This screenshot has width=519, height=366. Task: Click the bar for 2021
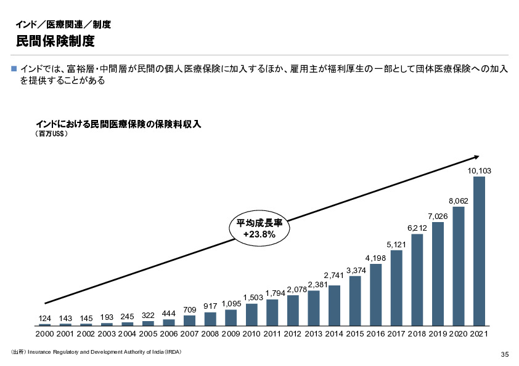tap(479, 251)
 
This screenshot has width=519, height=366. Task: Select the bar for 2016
tap(375, 295)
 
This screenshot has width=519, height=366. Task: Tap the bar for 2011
tap(272, 312)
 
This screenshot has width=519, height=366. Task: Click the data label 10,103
tap(479, 170)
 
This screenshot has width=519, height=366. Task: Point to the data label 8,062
tap(458, 201)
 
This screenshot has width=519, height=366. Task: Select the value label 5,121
tap(396, 245)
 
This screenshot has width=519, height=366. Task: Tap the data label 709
tap(190, 309)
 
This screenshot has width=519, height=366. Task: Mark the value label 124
tap(45, 318)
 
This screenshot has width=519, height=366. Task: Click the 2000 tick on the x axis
tap(45, 334)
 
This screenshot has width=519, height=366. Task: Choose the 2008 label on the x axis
tap(210, 334)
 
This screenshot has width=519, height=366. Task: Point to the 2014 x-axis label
tap(334, 334)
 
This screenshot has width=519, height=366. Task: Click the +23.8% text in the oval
tap(259, 234)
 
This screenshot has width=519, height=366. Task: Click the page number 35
tap(504, 354)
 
